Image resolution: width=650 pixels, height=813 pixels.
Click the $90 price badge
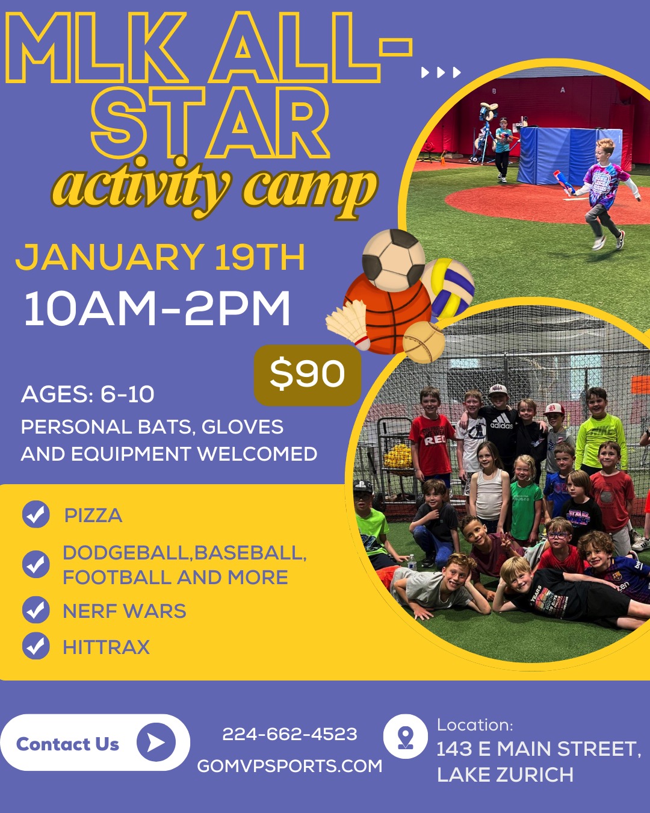coord(307,375)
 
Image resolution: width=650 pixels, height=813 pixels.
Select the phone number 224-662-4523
coord(289,734)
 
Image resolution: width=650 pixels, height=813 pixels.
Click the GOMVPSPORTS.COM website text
coord(289,766)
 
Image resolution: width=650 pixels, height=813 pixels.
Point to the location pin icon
coord(405,737)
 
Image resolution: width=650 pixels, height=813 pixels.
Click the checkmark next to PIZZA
coord(36,515)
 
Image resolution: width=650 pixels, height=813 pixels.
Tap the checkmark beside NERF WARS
coord(36,610)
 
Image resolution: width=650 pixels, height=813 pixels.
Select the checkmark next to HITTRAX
coord(36,646)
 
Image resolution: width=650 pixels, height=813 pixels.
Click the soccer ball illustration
coord(394,261)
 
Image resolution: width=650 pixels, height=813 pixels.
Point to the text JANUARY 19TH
coord(160,257)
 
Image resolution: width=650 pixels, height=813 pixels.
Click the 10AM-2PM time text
coord(157,309)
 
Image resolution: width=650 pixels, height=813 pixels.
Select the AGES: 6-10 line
coord(88,394)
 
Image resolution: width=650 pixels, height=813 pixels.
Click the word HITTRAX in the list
coord(106,647)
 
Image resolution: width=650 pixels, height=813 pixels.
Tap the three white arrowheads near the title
coord(441,73)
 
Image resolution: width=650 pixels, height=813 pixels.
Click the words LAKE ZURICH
coord(505,774)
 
